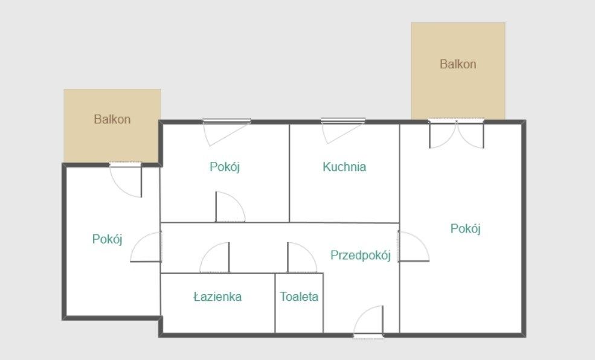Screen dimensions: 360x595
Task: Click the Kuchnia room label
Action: click(x=344, y=167)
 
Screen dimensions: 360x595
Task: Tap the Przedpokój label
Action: click(x=361, y=255)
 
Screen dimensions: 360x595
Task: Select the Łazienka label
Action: click(x=217, y=297)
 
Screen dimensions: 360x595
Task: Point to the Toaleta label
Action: click(x=299, y=297)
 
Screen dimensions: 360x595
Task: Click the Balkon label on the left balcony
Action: click(x=112, y=119)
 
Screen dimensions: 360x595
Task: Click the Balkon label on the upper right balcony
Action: click(x=458, y=63)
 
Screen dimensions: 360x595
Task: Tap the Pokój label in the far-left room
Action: click(x=108, y=239)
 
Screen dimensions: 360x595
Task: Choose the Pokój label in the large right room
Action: click(x=466, y=228)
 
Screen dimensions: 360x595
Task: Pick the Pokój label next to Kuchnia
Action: click(x=225, y=167)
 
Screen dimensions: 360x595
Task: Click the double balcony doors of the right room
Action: click(x=457, y=134)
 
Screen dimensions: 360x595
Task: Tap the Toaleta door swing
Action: click(x=301, y=259)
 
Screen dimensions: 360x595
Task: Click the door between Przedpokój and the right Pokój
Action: click(x=413, y=247)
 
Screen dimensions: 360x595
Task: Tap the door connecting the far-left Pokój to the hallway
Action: click(x=147, y=248)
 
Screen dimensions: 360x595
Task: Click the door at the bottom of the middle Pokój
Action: click(x=230, y=208)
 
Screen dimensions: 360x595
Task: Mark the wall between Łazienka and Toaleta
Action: click(x=275, y=302)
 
